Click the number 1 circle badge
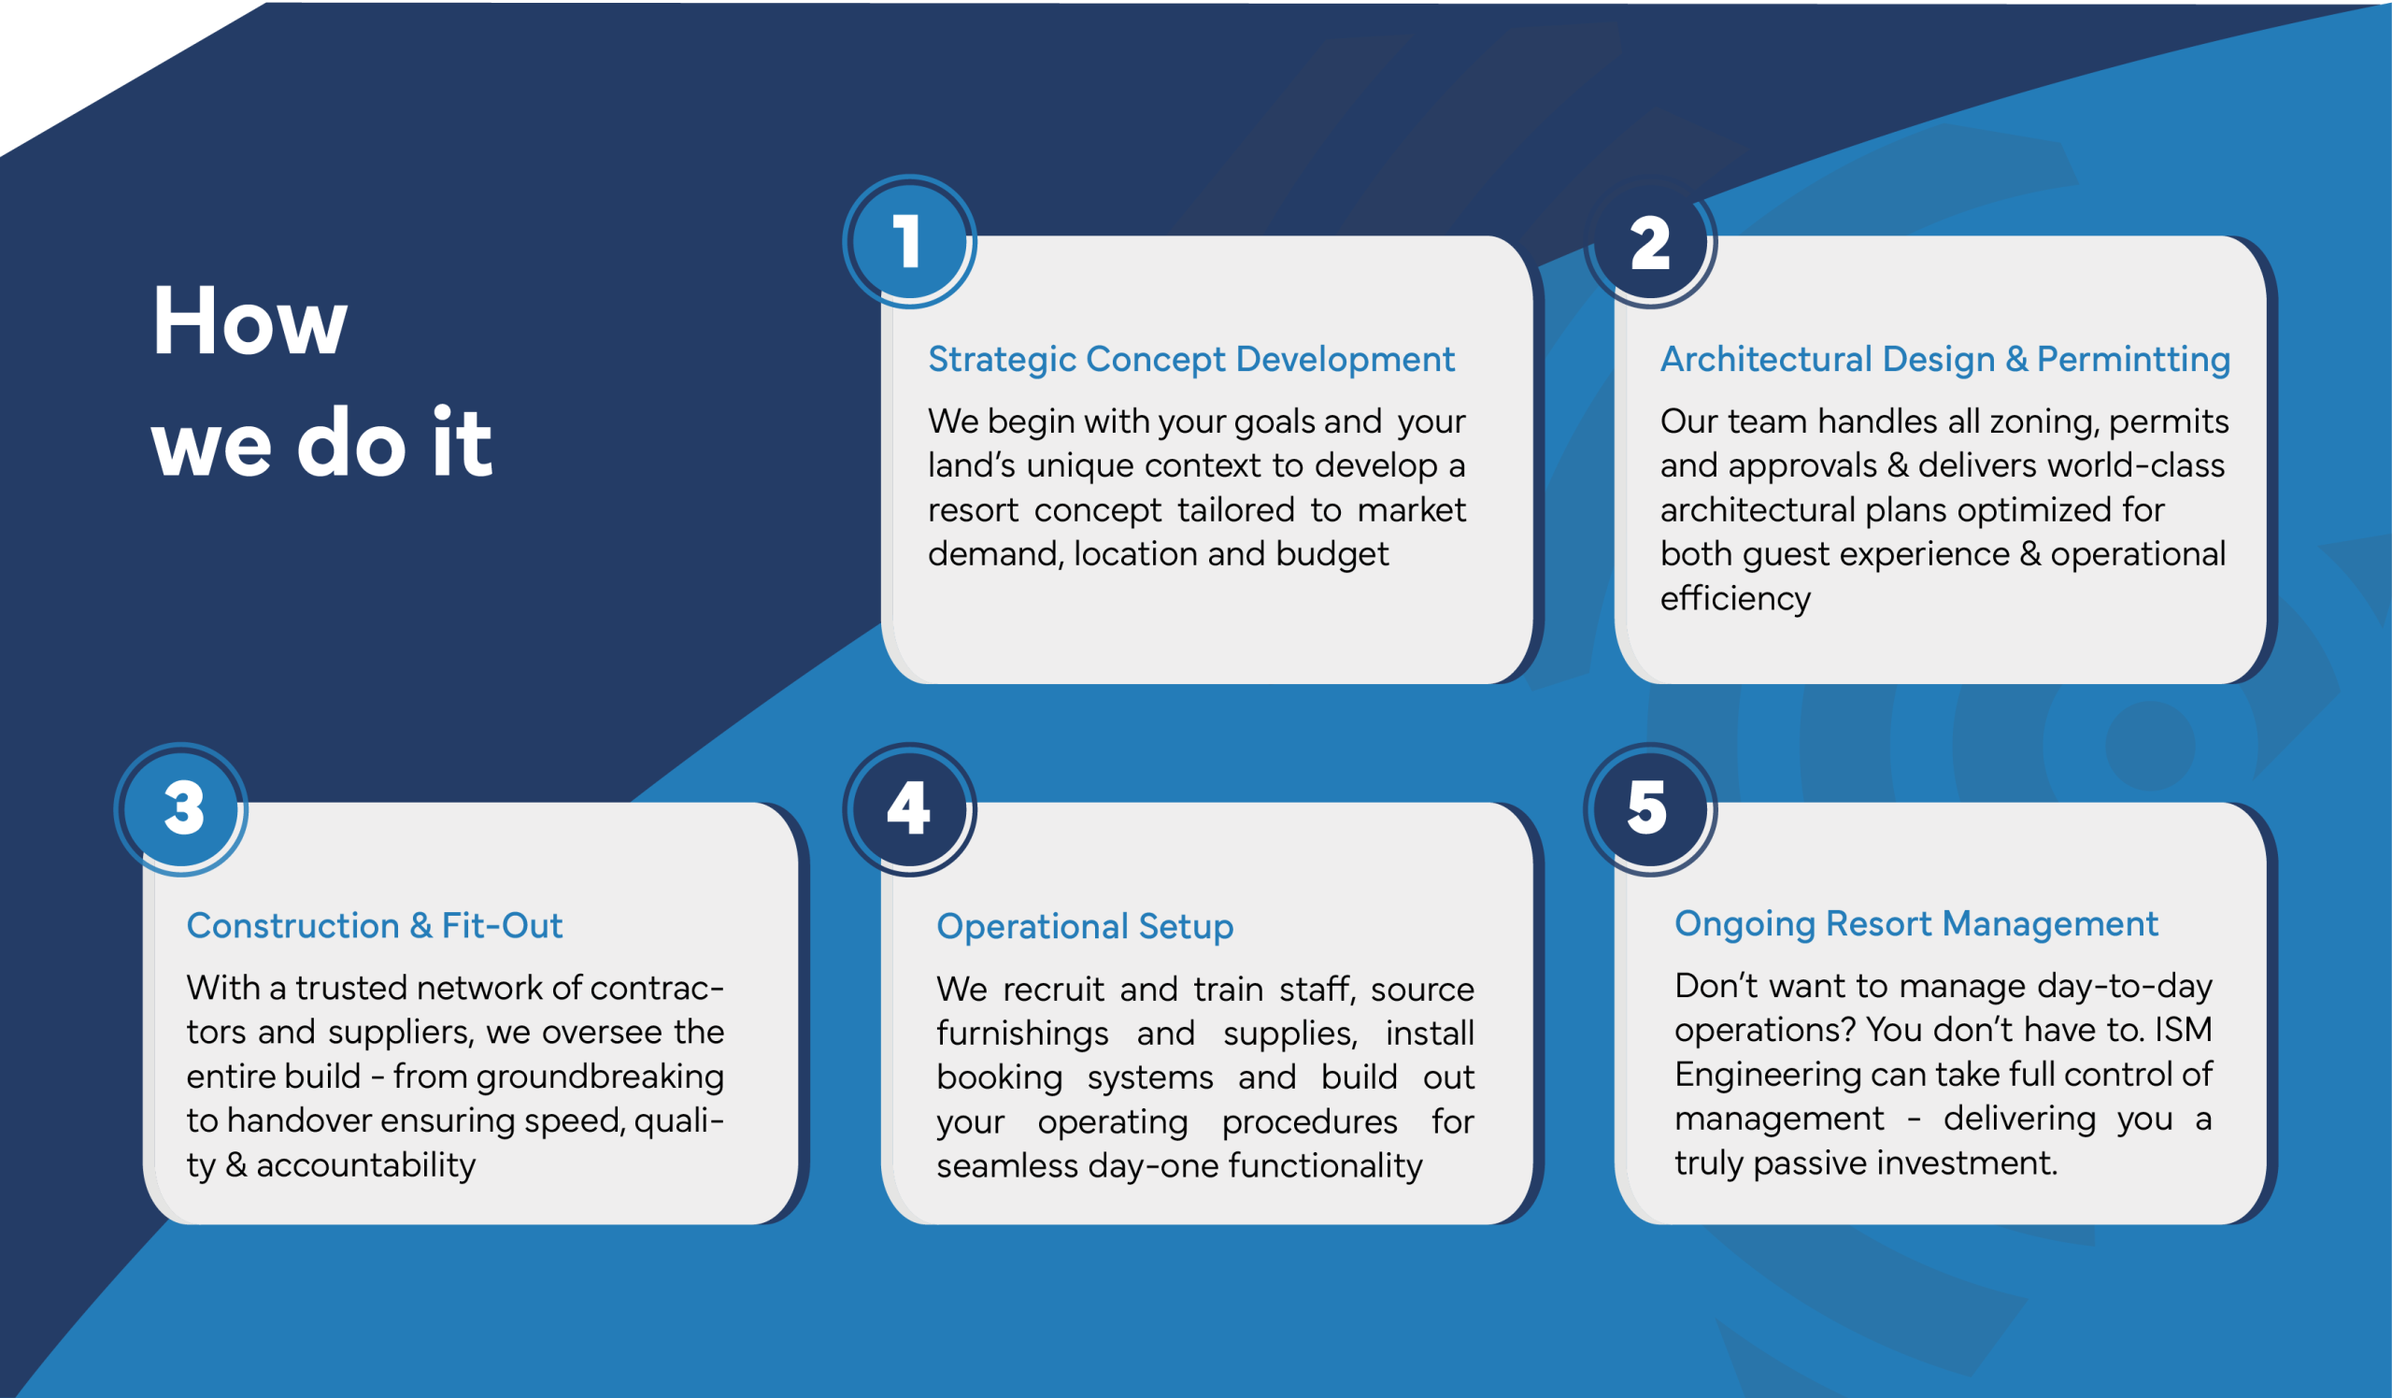pyautogui.click(x=909, y=241)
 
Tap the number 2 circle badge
pyautogui.click(x=1651, y=241)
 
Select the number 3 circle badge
pyautogui.click(x=181, y=808)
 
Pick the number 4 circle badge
pyautogui.click(x=909, y=808)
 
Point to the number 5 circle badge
pyautogui.click(x=1651, y=808)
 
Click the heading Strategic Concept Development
pyautogui.click(x=1191, y=360)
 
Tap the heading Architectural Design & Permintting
pyautogui.click(x=1945, y=360)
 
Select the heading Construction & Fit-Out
pyautogui.click(x=374, y=925)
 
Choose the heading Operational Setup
pyautogui.click(x=1085, y=926)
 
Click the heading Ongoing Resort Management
pyautogui.click(x=1916, y=923)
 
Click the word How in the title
pyautogui.click(x=250, y=321)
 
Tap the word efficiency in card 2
pyautogui.click(x=1735, y=599)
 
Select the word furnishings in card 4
pyautogui.click(x=1022, y=1034)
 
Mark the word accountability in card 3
pyautogui.click(x=365, y=1165)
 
